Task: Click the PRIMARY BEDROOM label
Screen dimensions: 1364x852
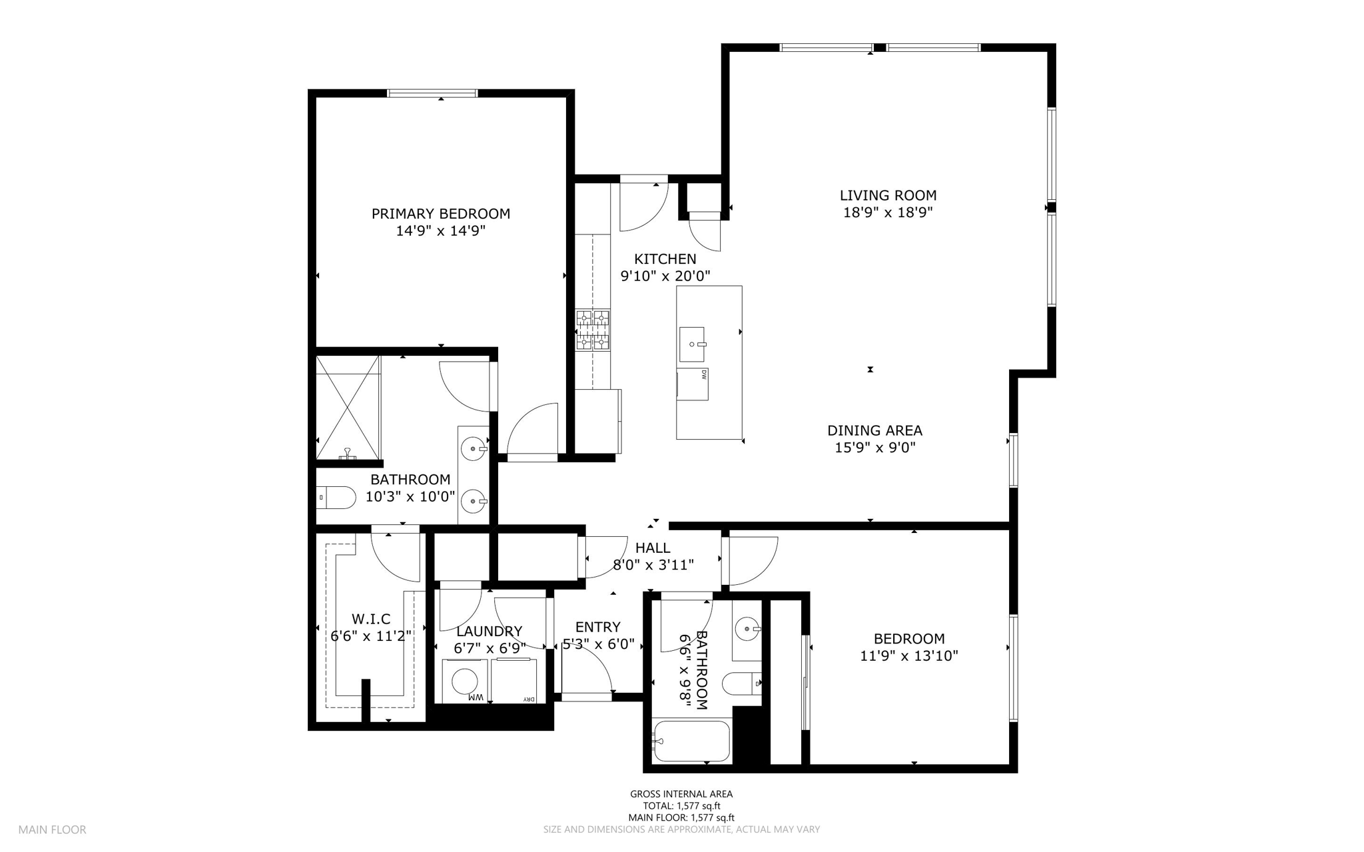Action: click(x=441, y=214)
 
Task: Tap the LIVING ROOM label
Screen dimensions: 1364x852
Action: click(x=888, y=195)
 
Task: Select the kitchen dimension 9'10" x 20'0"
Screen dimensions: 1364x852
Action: click(x=665, y=276)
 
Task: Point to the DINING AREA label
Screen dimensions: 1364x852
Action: click(x=874, y=430)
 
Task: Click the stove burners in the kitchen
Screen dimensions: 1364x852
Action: click(x=593, y=330)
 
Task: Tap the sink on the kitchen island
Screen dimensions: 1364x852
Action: click(x=693, y=344)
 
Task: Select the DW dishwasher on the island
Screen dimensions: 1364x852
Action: click(x=693, y=384)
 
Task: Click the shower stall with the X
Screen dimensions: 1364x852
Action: click(x=348, y=407)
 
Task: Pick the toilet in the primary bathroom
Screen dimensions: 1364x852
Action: click(x=337, y=497)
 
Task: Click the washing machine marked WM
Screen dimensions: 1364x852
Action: click(x=465, y=681)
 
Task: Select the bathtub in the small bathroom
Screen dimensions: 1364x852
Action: click(x=691, y=741)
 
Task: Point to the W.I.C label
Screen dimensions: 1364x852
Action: click(x=371, y=619)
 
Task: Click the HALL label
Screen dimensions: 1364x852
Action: click(x=653, y=548)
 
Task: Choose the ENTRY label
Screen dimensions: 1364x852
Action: click(x=598, y=627)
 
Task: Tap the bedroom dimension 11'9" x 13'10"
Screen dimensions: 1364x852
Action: click(x=909, y=655)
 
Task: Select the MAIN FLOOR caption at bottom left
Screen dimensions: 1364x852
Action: click(x=52, y=830)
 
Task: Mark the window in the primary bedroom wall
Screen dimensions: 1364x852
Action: click(x=433, y=93)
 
